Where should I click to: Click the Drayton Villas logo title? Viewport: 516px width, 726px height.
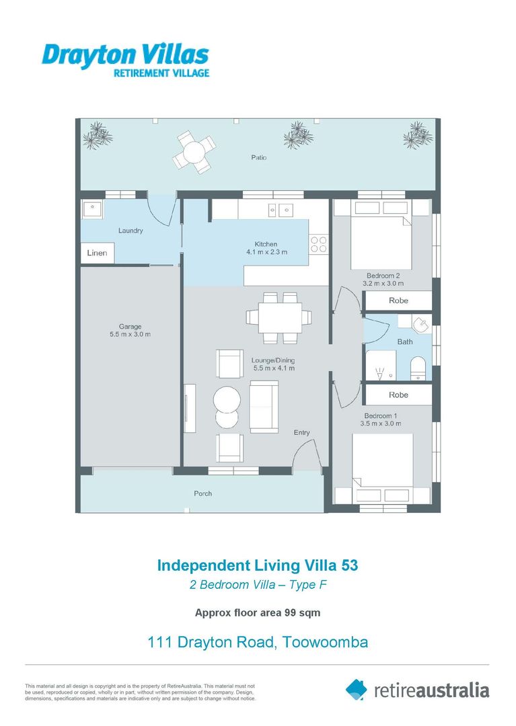125,54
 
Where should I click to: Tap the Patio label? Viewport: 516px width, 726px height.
260,157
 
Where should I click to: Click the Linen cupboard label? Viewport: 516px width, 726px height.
98,253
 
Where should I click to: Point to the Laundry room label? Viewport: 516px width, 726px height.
131,231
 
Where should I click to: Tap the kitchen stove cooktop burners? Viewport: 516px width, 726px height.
319,245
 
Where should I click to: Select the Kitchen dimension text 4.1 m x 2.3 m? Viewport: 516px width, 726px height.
266,253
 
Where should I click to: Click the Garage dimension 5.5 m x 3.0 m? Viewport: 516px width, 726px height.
130,334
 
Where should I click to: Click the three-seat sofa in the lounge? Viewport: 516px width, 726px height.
264,406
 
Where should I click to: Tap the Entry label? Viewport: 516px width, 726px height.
301,432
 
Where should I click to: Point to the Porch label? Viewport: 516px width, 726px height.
202,493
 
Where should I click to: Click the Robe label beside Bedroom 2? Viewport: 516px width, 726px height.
398,300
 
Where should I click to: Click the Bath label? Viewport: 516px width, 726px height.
405,341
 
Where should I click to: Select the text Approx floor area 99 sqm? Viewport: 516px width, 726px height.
258,612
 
